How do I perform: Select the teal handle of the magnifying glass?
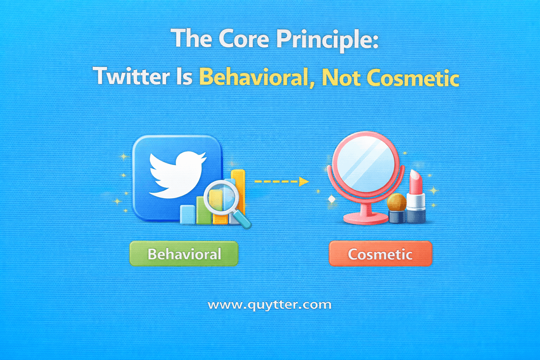pyautogui.click(x=243, y=220)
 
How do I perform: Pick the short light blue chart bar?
pyautogui.click(x=187, y=214)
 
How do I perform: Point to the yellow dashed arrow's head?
pyautogui.click(x=303, y=182)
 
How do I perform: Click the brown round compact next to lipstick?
pyautogui.click(x=397, y=202)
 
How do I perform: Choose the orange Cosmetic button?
pyautogui.click(x=380, y=254)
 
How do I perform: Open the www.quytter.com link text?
pyautogui.click(x=270, y=305)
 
